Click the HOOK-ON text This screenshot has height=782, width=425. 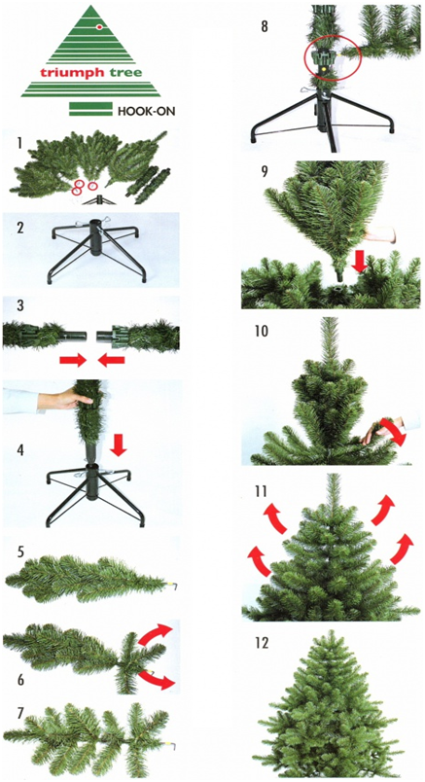[146, 111]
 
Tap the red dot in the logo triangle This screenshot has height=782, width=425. [99, 26]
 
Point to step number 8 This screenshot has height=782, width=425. [265, 26]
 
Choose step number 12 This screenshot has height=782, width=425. [262, 643]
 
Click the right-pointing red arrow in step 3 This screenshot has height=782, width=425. [73, 361]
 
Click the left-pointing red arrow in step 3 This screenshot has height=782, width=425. [111, 361]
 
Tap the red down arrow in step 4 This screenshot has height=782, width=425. [119, 445]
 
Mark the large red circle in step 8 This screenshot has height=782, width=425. [333, 61]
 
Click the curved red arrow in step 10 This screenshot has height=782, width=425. [394, 433]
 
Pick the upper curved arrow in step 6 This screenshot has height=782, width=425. [156, 634]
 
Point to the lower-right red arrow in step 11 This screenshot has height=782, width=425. [402, 549]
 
